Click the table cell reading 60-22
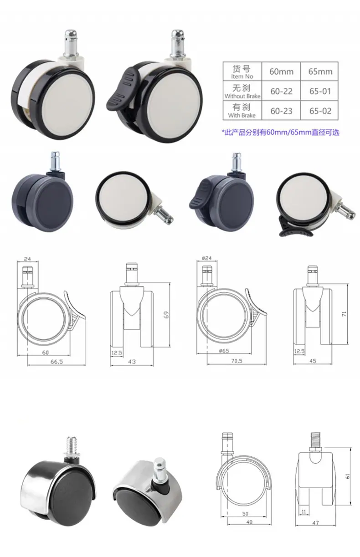pyautogui.click(x=281, y=91)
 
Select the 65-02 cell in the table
pyautogui.click(x=320, y=111)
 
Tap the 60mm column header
pyautogui.click(x=281, y=72)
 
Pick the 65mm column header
pyautogui.click(x=320, y=72)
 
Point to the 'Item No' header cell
pyautogui.click(x=242, y=72)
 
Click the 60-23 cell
pyautogui.click(x=281, y=111)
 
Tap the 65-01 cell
pyautogui.click(x=320, y=91)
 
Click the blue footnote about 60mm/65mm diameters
pyautogui.click(x=280, y=132)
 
